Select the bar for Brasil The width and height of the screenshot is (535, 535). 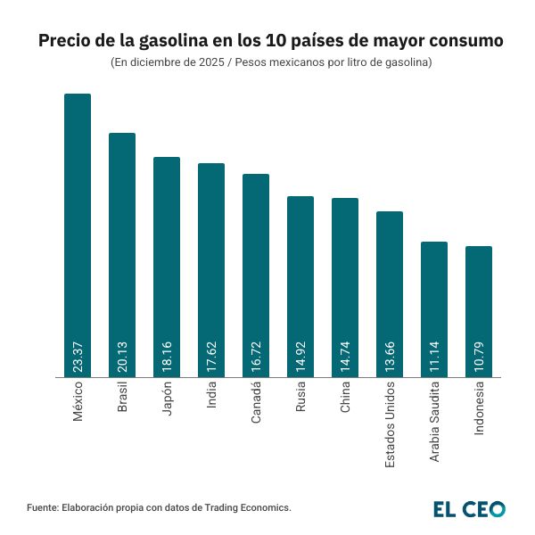[x=122, y=255]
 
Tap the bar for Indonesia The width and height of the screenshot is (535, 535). [x=479, y=311]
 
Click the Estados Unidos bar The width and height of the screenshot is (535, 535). [x=390, y=294]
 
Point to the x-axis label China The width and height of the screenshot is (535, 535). [x=345, y=399]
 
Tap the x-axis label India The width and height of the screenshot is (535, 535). [x=211, y=397]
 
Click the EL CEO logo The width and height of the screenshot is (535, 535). [x=469, y=509]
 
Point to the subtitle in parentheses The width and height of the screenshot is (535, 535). [x=271, y=63]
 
